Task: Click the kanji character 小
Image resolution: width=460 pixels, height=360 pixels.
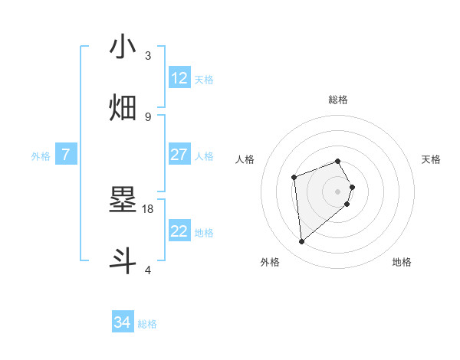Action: pos(123,47)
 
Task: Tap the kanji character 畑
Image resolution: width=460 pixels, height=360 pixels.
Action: pos(123,108)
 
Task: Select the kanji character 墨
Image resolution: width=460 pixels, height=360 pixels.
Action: pos(123,201)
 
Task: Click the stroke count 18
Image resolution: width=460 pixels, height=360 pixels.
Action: pos(149,208)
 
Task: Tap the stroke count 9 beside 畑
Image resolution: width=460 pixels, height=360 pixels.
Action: pos(148,116)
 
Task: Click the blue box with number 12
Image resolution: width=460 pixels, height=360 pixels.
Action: pos(179,78)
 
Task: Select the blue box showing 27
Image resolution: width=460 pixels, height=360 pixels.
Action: pos(179,155)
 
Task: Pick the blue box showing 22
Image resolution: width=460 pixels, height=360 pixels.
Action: pos(179,231)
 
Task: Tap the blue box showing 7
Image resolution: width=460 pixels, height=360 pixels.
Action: pos(66,155)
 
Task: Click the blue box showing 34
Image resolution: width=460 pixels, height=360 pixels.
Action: pos(122,323)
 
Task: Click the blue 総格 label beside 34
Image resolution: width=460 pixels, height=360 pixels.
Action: pos(147,324)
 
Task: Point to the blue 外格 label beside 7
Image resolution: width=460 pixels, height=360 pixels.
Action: pos(41,155)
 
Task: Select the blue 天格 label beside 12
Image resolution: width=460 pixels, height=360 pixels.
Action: pos(203,79)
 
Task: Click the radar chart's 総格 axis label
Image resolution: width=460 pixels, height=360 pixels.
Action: pos(338,100)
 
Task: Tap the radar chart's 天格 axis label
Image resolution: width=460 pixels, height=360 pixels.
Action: pos(431,159)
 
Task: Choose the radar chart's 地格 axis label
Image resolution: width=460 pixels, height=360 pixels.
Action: pos(402,262)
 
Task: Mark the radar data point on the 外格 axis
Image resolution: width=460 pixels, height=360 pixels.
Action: pos(302,242)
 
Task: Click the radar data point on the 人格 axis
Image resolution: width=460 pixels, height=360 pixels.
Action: pos(294,178)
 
